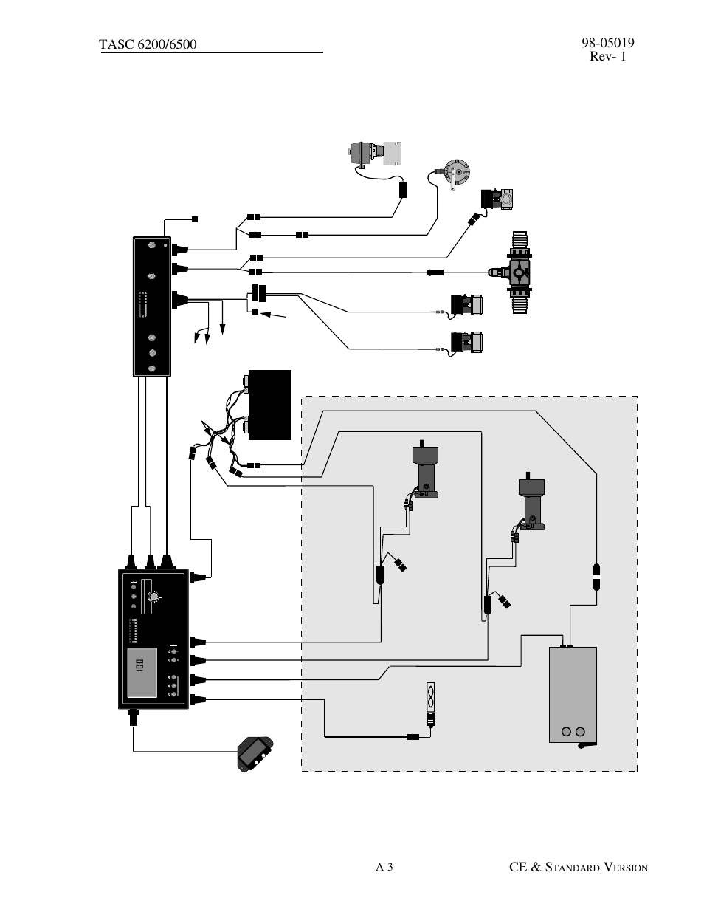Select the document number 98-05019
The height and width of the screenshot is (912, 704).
(602, 43)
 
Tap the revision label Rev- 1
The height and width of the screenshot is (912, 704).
(607, 56)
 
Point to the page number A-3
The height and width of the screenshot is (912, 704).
(384, 867)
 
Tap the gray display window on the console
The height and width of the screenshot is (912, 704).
(142, 673)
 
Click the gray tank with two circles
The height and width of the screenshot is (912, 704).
(573, 694)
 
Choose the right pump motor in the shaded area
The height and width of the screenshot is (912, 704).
(531, 502)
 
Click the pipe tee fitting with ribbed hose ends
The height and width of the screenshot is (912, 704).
(521, 273)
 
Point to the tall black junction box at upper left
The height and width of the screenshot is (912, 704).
(152, 306)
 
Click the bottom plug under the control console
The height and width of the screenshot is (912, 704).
(134, 717)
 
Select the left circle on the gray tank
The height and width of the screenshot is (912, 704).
(567, 732)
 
